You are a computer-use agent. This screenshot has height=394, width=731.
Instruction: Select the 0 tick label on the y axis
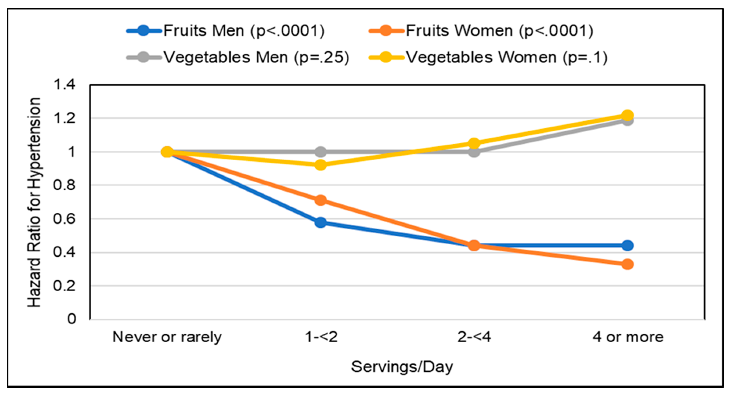click(x=72, y=319)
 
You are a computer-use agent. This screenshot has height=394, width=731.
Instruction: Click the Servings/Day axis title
click(x=402, y=367)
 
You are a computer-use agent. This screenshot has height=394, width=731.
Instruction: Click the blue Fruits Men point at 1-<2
click(x=321, y=223)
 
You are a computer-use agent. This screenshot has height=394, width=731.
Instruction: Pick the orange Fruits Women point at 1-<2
click(x=321, y=200)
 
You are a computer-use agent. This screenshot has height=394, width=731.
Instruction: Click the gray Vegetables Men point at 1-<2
click(x=321, y=152)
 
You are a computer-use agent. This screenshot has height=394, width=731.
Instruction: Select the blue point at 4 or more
click(x=627, y=245)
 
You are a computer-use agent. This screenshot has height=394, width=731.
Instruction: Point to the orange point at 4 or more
click(x=627, y=264)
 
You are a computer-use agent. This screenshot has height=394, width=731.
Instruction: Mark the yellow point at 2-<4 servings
click(x=474, y=143)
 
